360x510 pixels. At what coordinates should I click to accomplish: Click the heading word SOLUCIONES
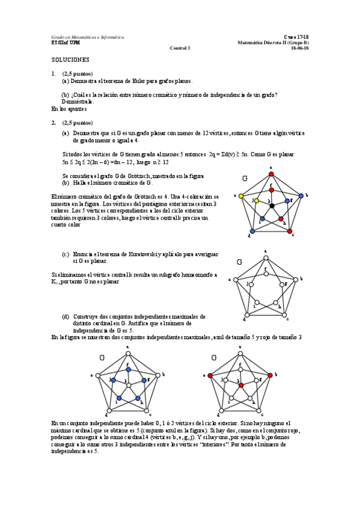[70, 60]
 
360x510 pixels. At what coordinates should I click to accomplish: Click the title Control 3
[179, 48]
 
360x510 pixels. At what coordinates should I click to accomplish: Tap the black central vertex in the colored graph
[272, 206]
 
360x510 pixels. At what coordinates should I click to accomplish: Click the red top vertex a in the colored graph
[271, 173]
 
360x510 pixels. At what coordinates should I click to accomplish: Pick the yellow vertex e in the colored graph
[241, 196]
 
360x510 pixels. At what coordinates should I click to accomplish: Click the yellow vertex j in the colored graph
[255, 200]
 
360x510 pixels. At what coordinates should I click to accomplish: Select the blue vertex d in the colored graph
[252, 232]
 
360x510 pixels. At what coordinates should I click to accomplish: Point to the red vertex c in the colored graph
[290, 232]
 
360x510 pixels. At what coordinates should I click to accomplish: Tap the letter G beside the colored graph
[245, 179]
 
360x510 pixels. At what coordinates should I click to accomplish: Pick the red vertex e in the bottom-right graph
[211, 375]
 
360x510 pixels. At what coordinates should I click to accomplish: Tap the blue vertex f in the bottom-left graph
[127, 369]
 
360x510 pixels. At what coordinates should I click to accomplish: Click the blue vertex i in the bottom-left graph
[118, 398]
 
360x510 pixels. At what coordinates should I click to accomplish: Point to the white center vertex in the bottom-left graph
[127, 385]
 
